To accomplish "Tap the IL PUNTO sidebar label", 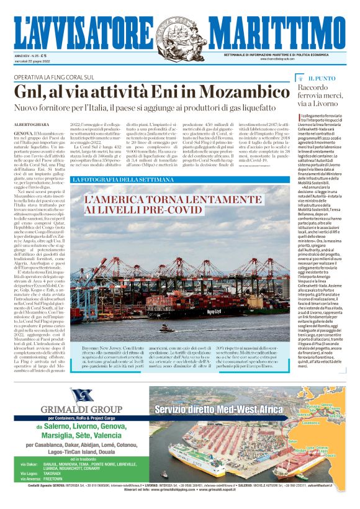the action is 322,79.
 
